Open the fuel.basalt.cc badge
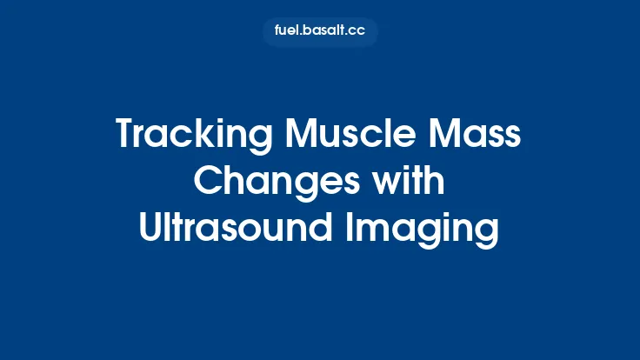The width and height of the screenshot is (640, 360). tap(320, 31)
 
